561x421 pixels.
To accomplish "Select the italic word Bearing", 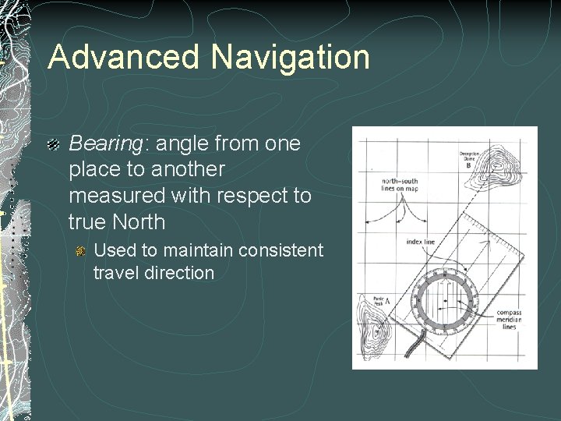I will point(97,143).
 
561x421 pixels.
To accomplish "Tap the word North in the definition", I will point(139,222).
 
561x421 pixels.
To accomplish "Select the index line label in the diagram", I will point(421,242).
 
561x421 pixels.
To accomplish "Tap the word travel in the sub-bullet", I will point(114,273).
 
